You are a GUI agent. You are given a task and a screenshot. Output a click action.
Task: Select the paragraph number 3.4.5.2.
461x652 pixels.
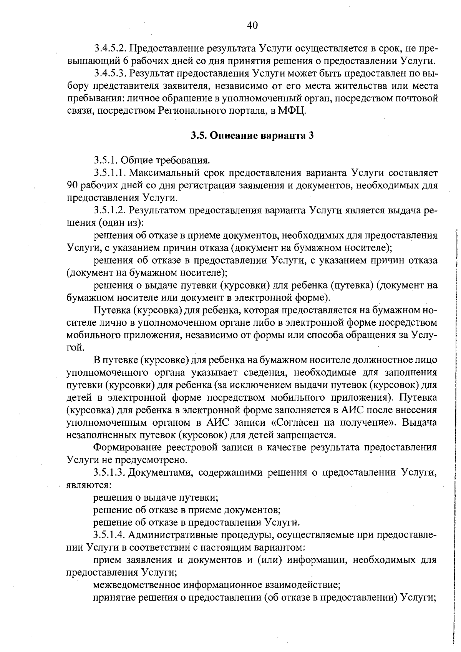110,49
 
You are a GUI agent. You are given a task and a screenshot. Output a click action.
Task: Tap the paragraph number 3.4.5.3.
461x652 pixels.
110,73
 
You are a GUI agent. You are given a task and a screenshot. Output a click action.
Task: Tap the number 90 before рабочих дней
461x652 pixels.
73,185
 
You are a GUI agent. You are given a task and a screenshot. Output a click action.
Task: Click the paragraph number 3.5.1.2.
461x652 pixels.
110,210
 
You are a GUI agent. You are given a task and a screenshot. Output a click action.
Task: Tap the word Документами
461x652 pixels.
161,472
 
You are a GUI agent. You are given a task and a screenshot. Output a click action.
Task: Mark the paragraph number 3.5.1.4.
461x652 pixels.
110,534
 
